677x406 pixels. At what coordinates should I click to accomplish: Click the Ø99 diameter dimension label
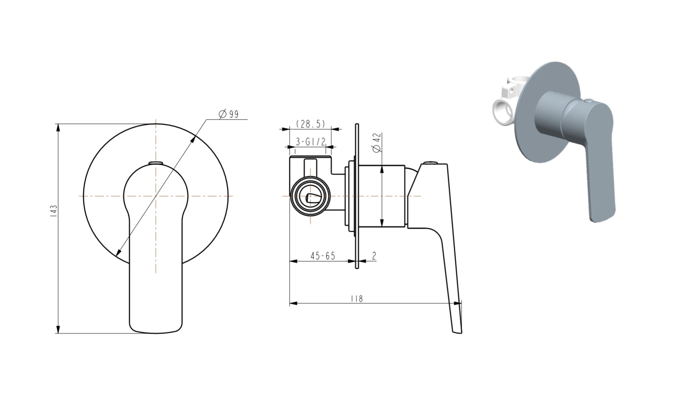tap(228, 114)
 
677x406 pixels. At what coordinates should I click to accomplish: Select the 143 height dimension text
tap(54, 211)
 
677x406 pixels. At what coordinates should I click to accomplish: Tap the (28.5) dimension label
tap(310, 124)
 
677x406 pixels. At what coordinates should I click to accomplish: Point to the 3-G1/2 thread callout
tap(310, 141)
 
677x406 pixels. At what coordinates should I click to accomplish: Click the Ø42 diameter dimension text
tap(377, 142)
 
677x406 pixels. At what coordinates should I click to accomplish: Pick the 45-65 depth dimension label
tap(323, 256)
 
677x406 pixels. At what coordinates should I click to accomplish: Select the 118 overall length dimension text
tap(357, 299)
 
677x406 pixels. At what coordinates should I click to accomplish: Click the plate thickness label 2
tap(374, 256)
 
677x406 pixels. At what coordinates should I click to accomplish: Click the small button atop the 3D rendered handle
tap(589, 101)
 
